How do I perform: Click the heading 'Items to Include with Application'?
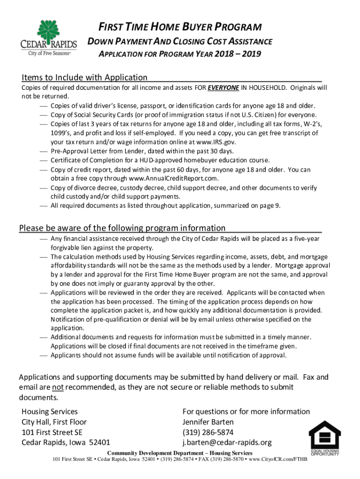(85, 77)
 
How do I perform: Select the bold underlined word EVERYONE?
(223, 87)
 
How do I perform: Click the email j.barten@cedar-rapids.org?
(227, 443)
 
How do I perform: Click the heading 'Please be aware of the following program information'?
(122, 228)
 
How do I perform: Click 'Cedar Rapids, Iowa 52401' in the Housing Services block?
(66, 443)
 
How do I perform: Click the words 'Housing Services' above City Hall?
(50, 412)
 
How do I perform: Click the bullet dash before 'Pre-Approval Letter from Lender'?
(43, 152)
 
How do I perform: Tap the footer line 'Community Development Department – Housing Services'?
(180, 453)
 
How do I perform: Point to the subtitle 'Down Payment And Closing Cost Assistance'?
(180, 42)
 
